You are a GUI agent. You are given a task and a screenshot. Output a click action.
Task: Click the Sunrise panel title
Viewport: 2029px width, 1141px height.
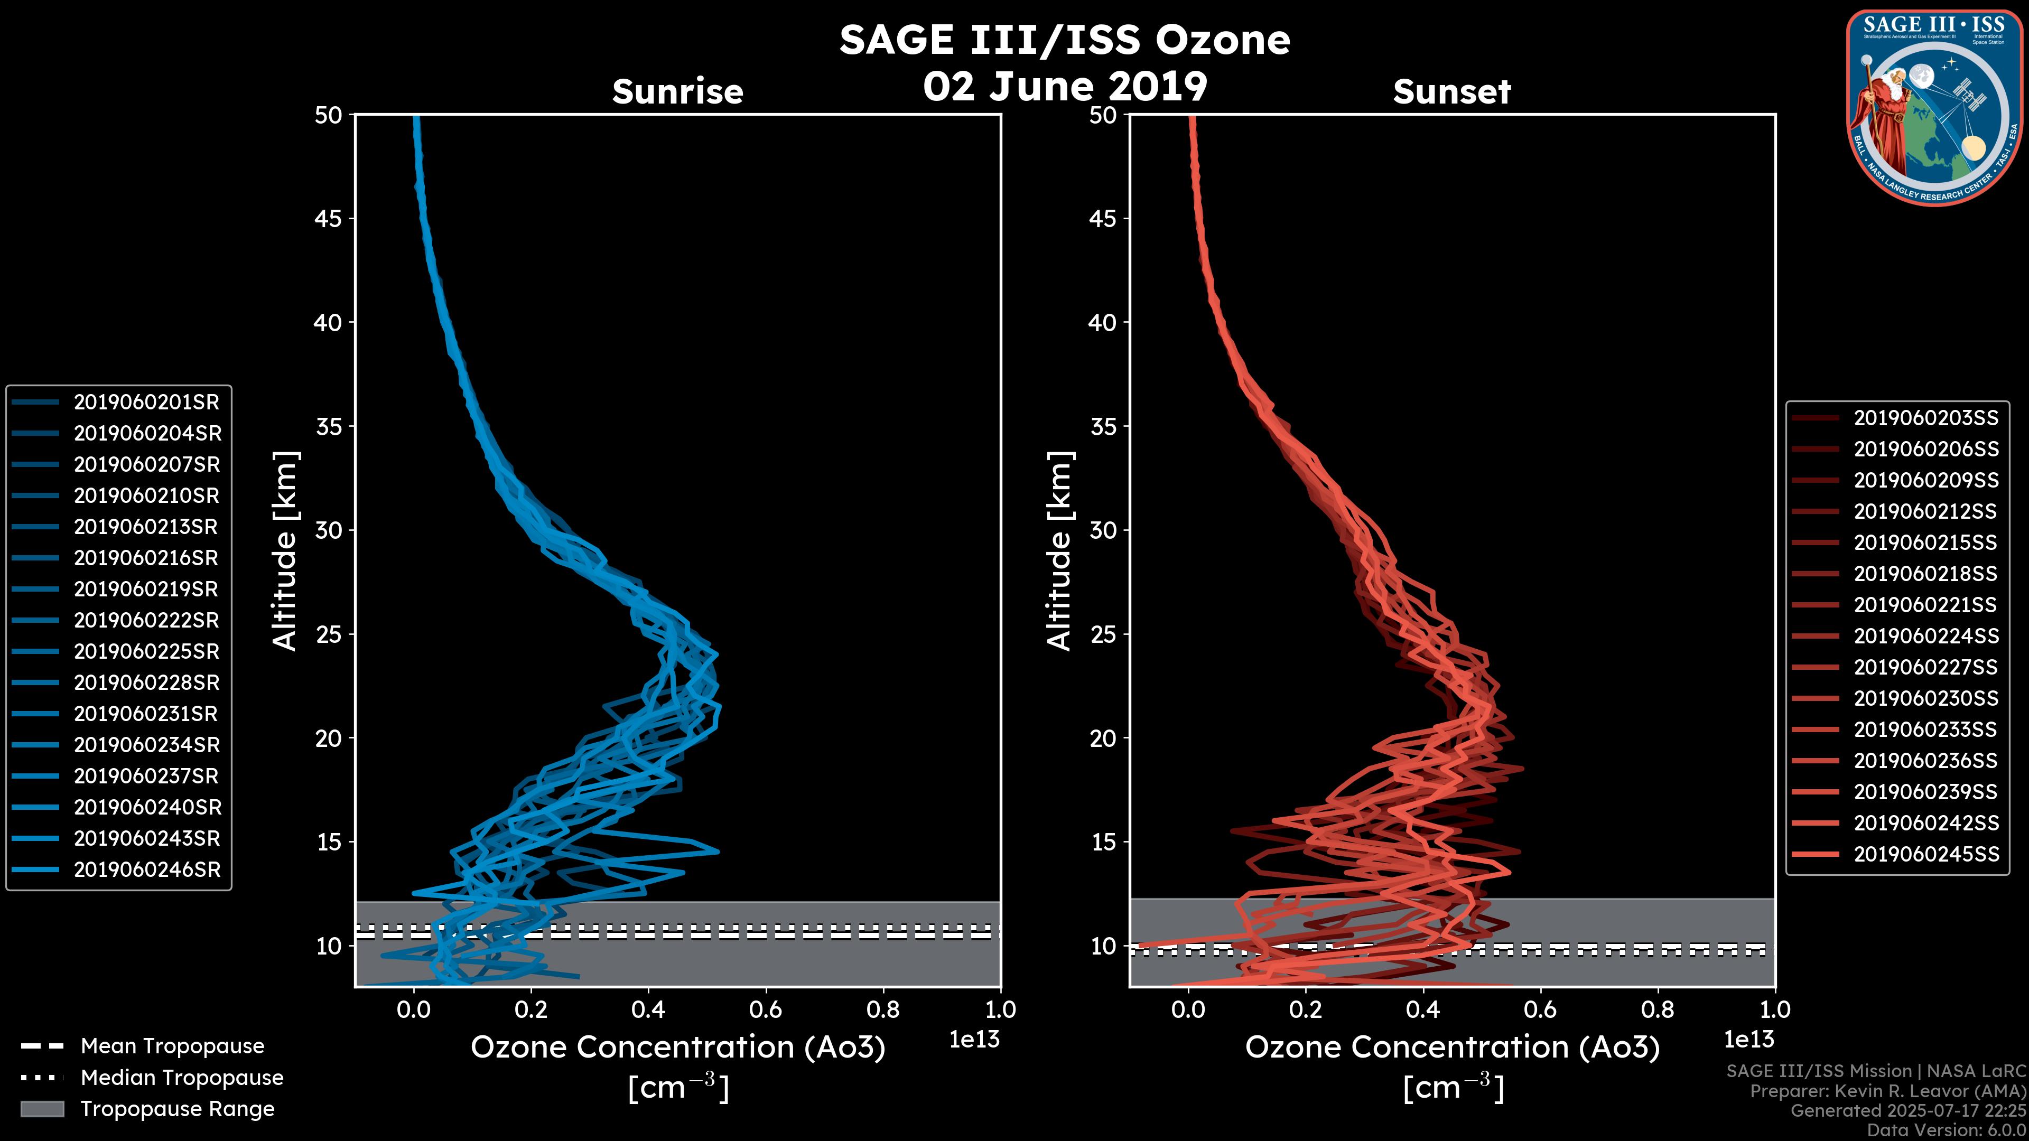coord(677,92)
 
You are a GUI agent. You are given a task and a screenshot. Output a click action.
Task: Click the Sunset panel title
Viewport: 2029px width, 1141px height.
coord(1451,92)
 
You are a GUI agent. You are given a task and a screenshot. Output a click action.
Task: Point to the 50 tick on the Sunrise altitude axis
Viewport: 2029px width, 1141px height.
coord(329,115)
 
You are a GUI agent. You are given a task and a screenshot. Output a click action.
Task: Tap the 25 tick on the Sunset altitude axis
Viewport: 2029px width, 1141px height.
coord(1103,634)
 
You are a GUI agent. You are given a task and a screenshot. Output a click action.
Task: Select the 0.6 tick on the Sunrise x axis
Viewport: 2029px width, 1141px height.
coord(766,1009)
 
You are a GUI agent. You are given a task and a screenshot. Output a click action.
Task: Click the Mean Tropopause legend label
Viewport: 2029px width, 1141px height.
coord(172,1046)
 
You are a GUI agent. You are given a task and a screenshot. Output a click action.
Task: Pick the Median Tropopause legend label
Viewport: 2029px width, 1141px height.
coord(182,1078)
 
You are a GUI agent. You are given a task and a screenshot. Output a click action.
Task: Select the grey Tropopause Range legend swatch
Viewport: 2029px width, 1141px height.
coord(42,1109)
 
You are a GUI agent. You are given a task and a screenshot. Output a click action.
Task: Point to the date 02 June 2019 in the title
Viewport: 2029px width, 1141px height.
coord(1065,87)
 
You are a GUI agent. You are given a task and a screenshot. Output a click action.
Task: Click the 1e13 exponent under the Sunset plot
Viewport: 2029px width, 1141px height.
coord(1748,1040)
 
